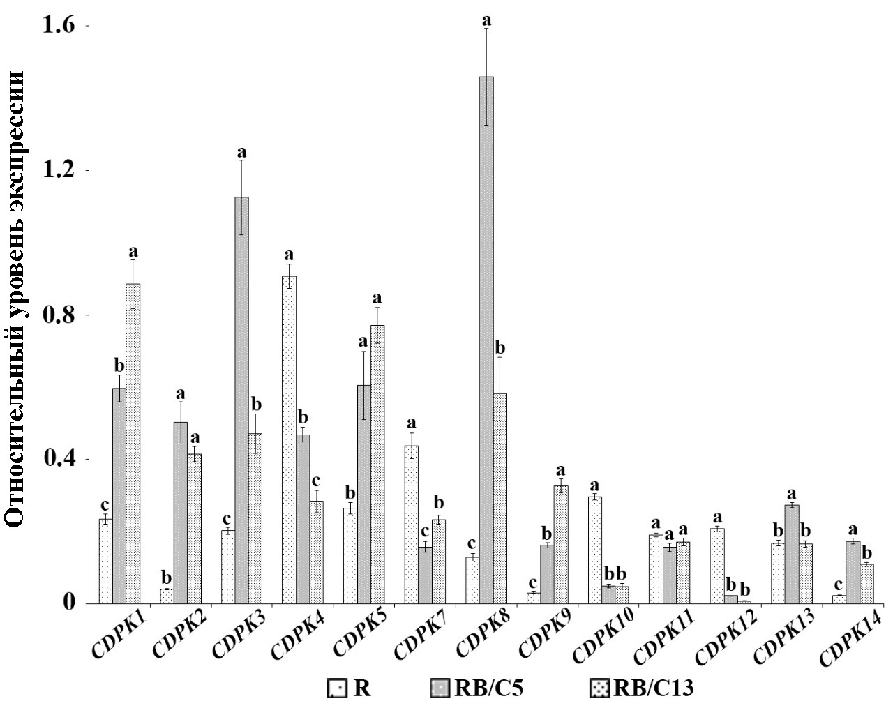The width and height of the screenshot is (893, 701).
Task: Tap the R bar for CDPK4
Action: [289, 439]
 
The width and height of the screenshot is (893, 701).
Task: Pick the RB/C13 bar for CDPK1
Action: [133, 443]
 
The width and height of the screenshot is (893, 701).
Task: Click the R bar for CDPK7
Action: [411, 524]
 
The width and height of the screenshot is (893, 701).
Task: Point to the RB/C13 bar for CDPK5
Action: [377, 464]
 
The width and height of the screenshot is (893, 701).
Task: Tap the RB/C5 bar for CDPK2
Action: [180, 513]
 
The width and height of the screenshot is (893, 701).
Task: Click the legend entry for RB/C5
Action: [478, 688]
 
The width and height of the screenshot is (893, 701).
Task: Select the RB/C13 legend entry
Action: [642, 688]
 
